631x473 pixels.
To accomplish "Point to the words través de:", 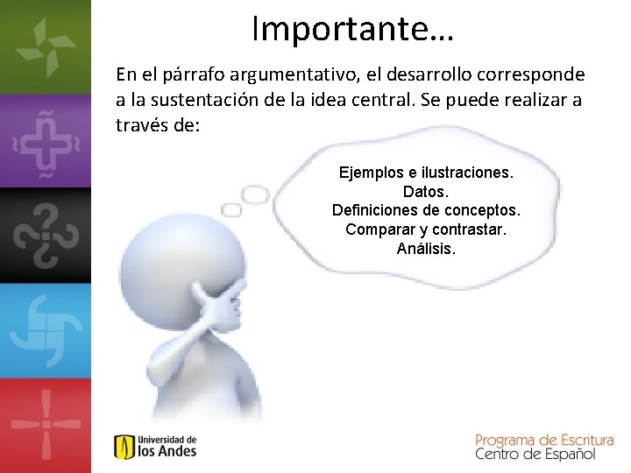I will [x=159, y=124].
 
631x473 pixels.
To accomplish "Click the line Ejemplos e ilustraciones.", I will [x=426, y=173].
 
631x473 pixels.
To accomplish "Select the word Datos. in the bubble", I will [x=426, y=191].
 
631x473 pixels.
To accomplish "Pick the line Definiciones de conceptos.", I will [x=426, y=210].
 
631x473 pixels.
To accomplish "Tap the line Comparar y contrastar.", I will [x=426, y=229].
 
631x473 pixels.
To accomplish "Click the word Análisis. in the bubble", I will [x=426, y=249].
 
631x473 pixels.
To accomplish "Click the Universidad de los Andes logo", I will [x=155, y=446].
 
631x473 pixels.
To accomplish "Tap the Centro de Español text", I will [x=535, y=454].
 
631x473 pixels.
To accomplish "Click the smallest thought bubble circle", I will [x=232, y=210].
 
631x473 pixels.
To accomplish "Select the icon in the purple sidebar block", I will [x=45, y=140].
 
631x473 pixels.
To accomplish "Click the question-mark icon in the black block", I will [x=45, y=235].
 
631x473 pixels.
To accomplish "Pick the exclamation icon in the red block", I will [x=45, y=424].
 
